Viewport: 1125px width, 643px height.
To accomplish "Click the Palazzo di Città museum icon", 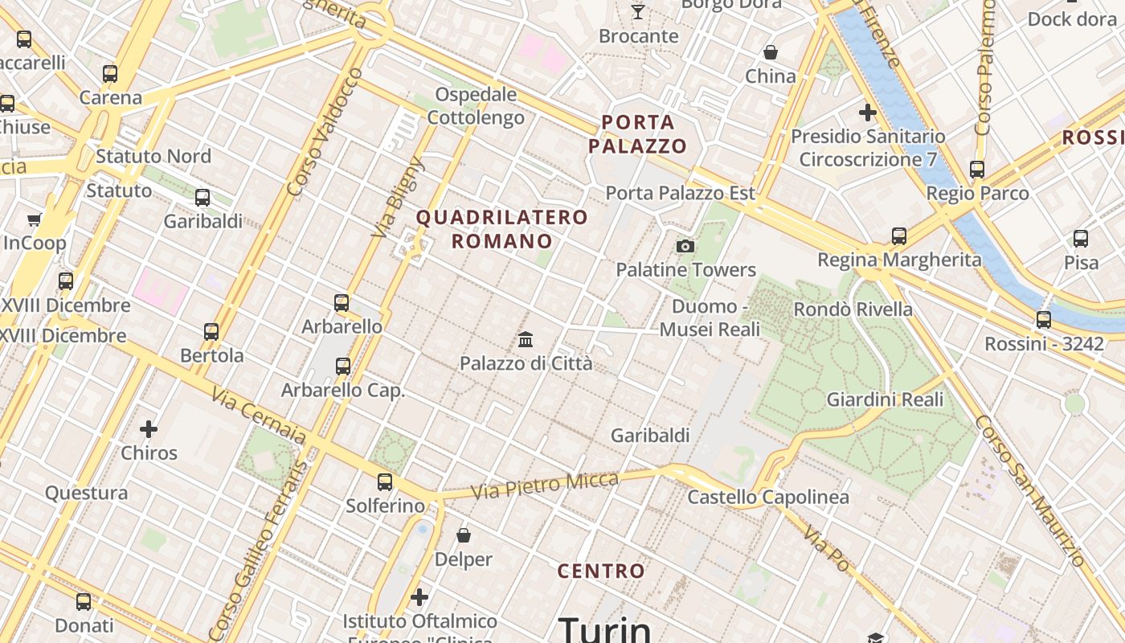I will tap(526, 339).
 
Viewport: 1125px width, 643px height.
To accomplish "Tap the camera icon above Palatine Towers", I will tap(685, 246).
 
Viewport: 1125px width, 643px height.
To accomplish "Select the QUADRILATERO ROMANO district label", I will tap(502, 229).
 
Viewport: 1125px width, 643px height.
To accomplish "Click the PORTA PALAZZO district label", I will tap(638, 134).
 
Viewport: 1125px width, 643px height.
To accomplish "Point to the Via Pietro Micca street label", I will tap(545, 485).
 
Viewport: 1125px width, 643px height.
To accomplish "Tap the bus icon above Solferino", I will tap(385, 482).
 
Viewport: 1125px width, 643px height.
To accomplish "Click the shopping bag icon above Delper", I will tap(464, 535).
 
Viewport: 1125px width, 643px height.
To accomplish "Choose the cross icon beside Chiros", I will tap(149, 429).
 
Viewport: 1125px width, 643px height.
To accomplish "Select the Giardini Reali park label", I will tap(886, 399).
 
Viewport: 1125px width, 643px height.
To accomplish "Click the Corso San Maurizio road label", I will tap(1030, 490).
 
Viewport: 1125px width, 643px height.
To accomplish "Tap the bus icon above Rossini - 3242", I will tap(1044, 320).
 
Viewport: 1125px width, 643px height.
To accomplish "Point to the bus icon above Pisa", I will tap(1081, 239).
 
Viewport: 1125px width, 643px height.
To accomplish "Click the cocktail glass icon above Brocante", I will tap(638, 11).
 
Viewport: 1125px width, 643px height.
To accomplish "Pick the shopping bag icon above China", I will tap(771, 53).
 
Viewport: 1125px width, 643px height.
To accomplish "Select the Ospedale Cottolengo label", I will tap(476, 106).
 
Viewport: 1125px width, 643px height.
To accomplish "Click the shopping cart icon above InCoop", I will tap(35, 219).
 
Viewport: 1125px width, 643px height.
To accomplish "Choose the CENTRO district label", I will tap(601, 571).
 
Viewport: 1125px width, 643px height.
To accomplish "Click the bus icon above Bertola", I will tap(211, 331).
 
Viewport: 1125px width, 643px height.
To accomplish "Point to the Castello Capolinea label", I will tap(768, 498).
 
